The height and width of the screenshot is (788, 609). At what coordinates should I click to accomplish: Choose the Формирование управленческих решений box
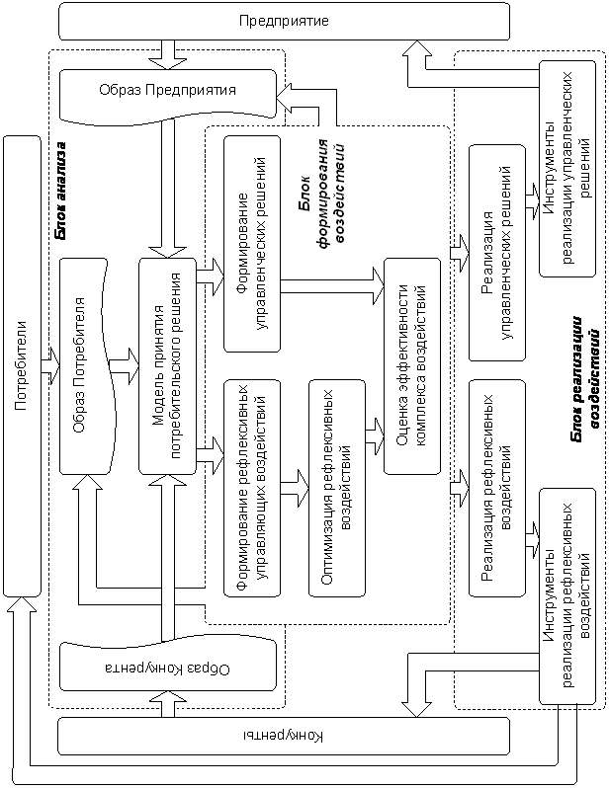252,243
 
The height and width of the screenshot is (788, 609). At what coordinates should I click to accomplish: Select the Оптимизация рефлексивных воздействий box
337,484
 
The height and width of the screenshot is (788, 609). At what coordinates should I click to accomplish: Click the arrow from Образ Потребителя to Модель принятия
125,365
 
